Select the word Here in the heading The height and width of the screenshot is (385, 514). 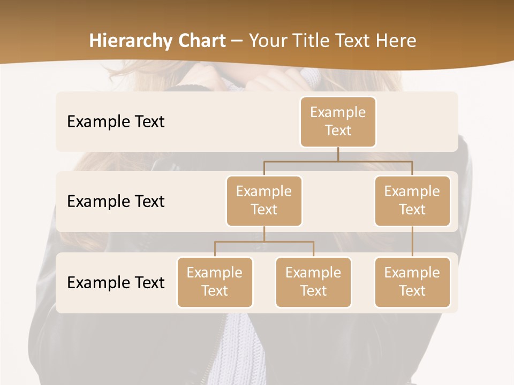[397, 41]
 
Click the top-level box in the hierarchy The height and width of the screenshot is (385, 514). [338, 122]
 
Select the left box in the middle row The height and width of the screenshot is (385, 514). [264, 201]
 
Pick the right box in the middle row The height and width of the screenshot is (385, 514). [412, 201]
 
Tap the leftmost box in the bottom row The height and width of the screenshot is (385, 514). [215, 282]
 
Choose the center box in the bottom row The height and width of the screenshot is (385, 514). [313, 282]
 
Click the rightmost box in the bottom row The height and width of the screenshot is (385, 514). [412, 282]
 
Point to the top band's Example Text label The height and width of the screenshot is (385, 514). [116, 122]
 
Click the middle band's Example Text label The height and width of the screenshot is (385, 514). [116, 202]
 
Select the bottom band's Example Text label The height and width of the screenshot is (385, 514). [116, 282]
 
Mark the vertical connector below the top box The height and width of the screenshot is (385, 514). [338, 154]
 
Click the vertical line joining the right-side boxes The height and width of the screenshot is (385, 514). [412, 242]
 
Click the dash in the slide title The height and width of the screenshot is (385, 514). [237, 42]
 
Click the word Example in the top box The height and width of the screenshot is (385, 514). [338, 112]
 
